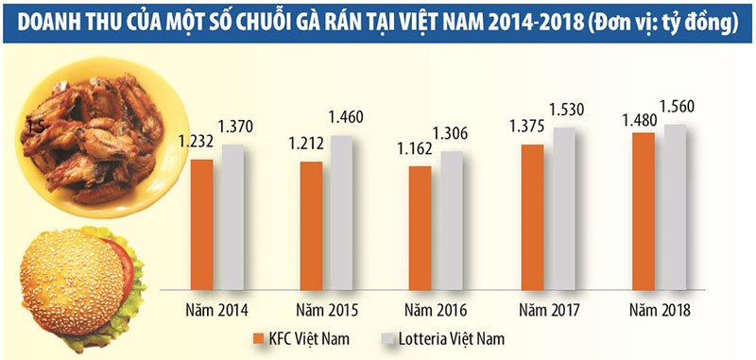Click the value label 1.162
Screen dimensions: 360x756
pyautogui.click(x=419, y=149)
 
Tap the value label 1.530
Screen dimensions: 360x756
pyautogui.click(x=565, y=111)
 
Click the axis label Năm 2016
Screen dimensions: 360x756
pyautogui.click(x=434, y=309)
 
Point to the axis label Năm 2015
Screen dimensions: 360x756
pyautogui.click(x=322, y=309)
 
